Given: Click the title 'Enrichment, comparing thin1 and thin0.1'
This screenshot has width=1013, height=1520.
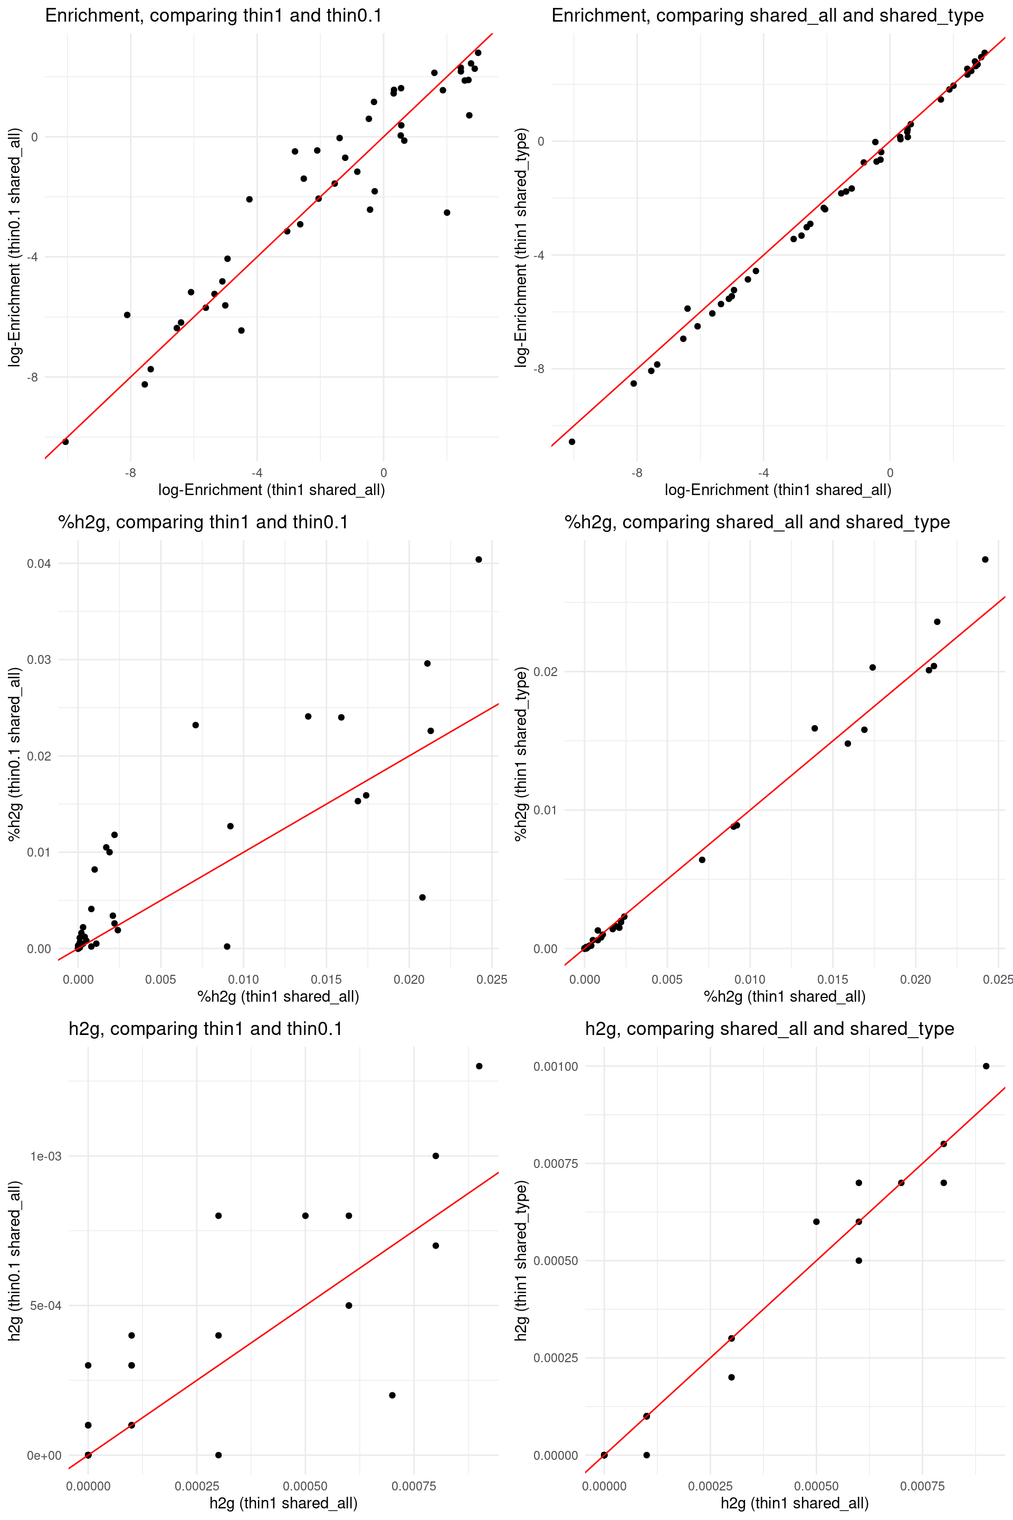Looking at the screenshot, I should point(213,15).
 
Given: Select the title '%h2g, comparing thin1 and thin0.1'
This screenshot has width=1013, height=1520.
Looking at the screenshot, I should point(203,522).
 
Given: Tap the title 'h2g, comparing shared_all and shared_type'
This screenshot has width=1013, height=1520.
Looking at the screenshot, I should point(769,1029).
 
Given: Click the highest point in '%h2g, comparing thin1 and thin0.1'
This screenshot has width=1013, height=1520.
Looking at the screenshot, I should point(479,559).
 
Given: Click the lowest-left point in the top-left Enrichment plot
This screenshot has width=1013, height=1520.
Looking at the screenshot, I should point(65,441).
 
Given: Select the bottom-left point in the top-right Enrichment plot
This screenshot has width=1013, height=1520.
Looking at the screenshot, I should point(572,441).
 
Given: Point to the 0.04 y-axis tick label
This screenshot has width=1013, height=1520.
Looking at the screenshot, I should point(39,564).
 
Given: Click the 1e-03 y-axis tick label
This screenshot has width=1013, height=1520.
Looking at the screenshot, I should point(46,1156).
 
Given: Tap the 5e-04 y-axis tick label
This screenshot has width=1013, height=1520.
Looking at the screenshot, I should point(46,1305).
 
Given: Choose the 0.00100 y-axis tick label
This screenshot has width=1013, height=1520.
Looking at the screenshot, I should point(556,1066).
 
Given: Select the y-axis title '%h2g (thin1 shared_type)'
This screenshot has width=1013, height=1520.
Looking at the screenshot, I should point(521,754).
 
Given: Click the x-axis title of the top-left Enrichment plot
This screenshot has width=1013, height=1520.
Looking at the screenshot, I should point(271,490).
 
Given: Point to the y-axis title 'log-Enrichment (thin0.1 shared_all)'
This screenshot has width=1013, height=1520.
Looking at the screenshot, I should point(14,248).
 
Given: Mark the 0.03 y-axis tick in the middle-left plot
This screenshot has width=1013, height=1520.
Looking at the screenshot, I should point(39,660).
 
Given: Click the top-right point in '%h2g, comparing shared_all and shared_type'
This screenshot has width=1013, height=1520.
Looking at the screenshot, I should point(985,559).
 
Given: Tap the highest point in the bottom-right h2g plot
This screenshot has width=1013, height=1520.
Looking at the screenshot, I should point(986,1066).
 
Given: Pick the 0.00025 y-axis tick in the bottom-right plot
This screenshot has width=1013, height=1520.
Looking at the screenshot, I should point(556,1358).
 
